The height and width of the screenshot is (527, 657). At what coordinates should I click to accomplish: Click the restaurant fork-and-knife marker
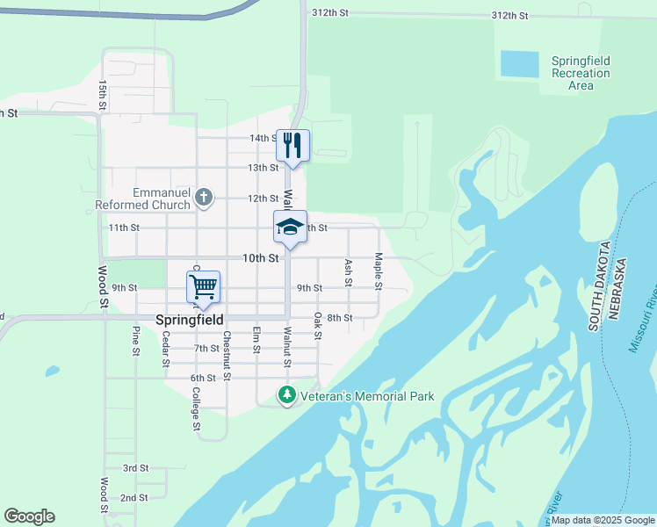(x=292, y=145)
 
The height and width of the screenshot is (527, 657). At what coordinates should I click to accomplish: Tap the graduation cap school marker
(x=290, y=227)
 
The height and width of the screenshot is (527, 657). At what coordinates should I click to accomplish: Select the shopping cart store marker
(x=203, y=287)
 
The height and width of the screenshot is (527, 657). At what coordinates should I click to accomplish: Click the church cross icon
(x=204, y=197)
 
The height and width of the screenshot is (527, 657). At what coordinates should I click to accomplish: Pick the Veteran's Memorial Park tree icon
(x=285, y=396)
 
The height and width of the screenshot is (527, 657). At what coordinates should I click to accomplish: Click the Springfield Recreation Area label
(x=581, y=73)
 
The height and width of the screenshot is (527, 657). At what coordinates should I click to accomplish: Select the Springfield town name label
(x=189, y=321)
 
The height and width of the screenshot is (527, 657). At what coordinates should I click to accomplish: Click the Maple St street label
(x=379, y=271)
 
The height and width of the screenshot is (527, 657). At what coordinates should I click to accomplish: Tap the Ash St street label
(x=349, y=271)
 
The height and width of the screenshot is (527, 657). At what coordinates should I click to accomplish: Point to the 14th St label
(x=264, y=138)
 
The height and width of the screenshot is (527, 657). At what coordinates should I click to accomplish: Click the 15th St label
(x=103, y=94)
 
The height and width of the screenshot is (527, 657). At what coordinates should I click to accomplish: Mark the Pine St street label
(x=135, y=341)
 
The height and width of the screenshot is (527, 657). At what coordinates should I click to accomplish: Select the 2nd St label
(x=134, y=498)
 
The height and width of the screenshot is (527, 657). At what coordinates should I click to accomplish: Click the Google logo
(x=29, y=516)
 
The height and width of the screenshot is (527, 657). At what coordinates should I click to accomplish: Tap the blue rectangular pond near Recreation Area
(x=518, y=63)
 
